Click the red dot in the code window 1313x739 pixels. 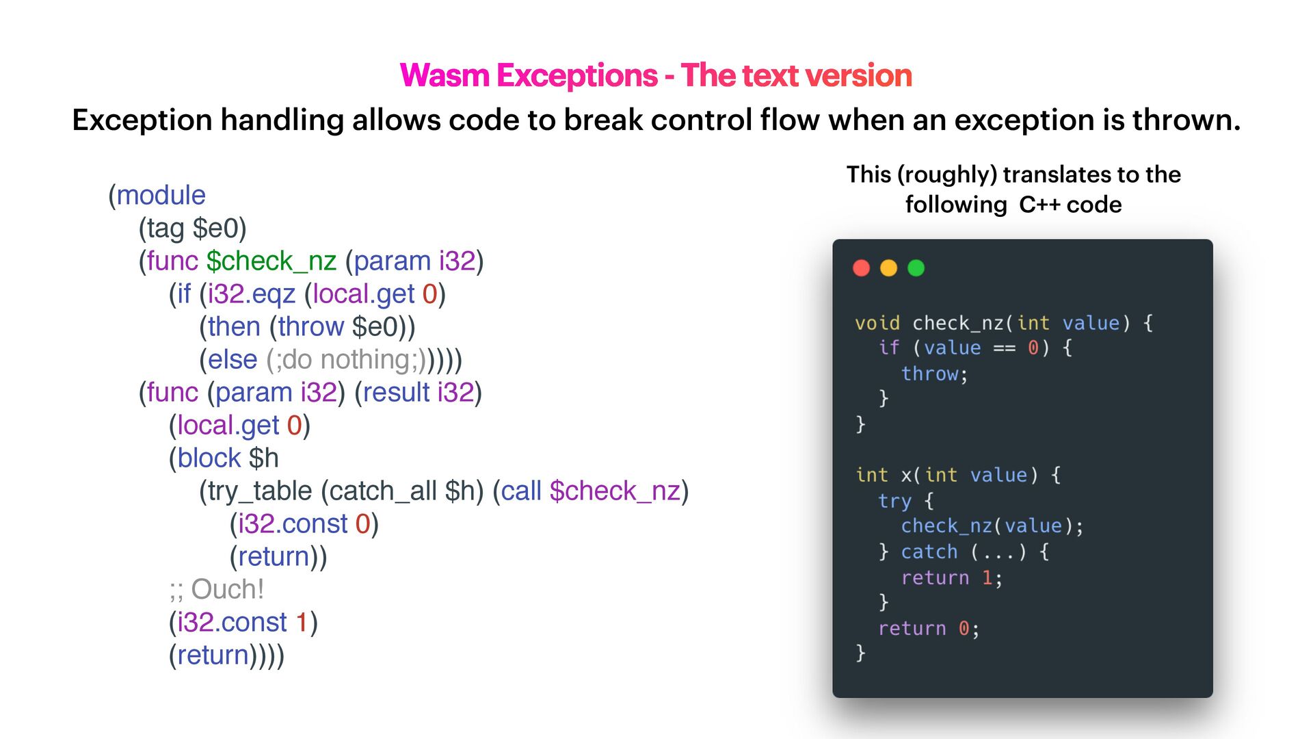[x=861, y=268]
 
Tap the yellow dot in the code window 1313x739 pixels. [x=888, y=268]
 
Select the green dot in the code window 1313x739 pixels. [x=916, y=268]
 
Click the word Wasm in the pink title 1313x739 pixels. [x=444, y=75]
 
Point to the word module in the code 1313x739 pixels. [x=161, y=196]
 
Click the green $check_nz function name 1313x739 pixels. [x=271, y=261]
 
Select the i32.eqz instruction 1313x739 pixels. [x=251, y=294]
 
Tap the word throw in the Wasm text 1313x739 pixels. [x=310, y=327]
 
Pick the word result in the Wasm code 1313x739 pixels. [x=396, y=393]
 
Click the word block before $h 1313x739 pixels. [x=209, y=458]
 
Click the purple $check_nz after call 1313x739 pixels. [x=614, y=491]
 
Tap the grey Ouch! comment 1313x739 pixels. [x=227, y=590]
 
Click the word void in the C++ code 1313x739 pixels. [x=877, y=323]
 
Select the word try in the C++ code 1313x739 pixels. [x=894, y=501]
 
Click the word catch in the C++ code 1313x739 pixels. [x=929, y=552]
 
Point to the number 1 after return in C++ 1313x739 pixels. [x=987, y=578]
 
